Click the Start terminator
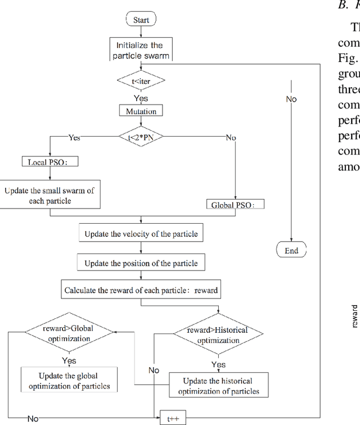tap(141, 20)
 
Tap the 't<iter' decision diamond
tap(141, 81)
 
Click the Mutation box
tap(141, 111)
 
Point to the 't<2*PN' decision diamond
tap(141, 136)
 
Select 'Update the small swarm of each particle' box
tap(49, 195)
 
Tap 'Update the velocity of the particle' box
tap(141, 233)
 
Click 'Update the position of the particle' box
tap(141, 263)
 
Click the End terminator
tap(291, 250)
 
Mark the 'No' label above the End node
tap(291, 101)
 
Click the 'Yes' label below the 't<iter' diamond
tap(141, 98)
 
